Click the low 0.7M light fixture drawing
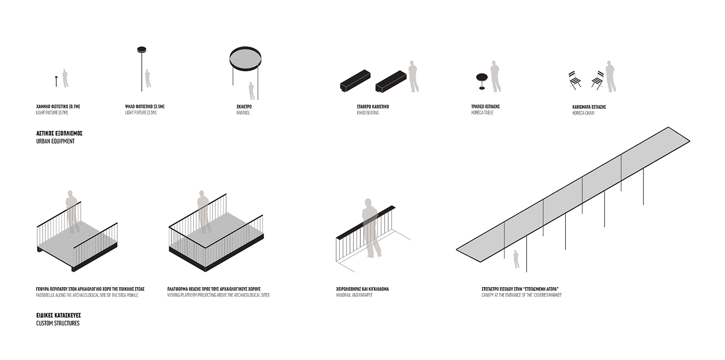56,81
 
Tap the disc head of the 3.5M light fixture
141,49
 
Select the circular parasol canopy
245,59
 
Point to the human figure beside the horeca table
496,77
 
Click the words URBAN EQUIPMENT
55,141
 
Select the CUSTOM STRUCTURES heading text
58,323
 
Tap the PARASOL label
243,113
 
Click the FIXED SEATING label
367,113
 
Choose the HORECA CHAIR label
583,113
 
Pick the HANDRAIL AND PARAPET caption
354,295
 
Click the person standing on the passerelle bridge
72,211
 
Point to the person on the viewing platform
203,211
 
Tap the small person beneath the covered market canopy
516,259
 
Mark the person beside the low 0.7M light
65,78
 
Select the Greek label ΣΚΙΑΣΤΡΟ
244,106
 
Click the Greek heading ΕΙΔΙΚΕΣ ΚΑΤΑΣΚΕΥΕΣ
58,315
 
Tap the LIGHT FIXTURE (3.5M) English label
141,113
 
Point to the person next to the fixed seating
413,77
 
